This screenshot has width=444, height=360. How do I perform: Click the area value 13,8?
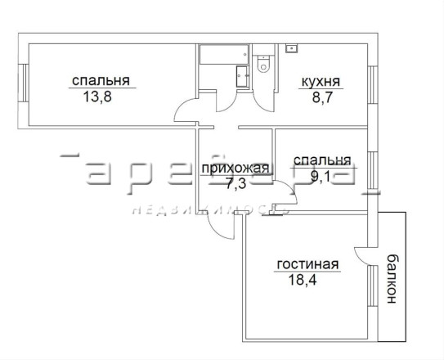pos(97,97)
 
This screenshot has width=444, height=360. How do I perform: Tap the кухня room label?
pos(321,82)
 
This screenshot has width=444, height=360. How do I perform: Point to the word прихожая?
pos(235,169)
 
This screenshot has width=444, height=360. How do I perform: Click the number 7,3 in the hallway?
pos(235,183)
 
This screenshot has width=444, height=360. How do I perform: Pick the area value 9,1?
pos(320,177)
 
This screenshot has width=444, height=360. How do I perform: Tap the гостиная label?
pos(307,264)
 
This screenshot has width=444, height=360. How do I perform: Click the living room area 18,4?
pos(303,280)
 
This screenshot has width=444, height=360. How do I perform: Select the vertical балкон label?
pos(392,279)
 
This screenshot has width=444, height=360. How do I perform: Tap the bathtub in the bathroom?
pos(224,54)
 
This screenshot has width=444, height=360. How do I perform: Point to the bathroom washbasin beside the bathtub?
pos(242,76)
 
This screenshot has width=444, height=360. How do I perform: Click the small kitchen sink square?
pos(292,48)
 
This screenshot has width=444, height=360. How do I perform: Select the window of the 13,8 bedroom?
pos(24,83)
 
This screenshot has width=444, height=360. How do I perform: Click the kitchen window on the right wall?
pos(373,84)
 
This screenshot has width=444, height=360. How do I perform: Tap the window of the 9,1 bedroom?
pos(373,170)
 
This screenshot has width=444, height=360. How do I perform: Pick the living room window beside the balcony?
pos(373,286)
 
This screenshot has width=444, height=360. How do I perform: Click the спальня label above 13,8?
pos(101,81)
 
